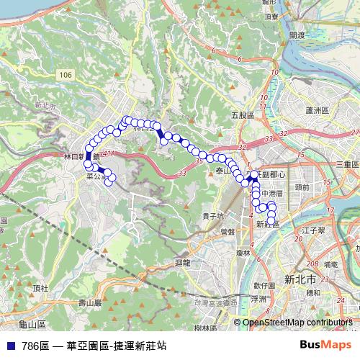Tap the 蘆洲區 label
tap(316, 110)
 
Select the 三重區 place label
tap(347, 165)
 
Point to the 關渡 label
tap(296, 34)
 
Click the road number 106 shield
tap(67, 75)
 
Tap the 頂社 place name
tap(40, 288)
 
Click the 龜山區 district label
tap(32, 325)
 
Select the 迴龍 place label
tap(183, 263)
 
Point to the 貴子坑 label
tap(212, 215)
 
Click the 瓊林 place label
tap(241, 253)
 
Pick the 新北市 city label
tap(296, 278)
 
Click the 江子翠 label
tap(315, 230)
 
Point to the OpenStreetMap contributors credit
tap(297, 323)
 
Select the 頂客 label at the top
tap(271, 16)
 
